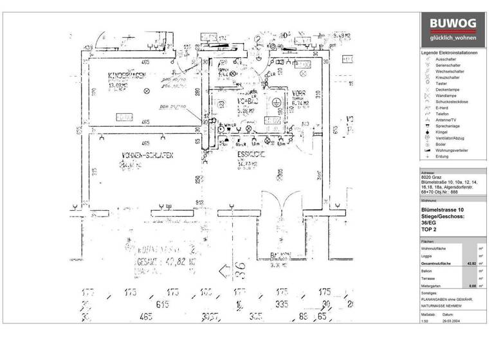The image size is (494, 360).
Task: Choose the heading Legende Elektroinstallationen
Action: click(x=449, y=52)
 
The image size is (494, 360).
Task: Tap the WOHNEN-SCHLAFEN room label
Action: click(x=145, y=155)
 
